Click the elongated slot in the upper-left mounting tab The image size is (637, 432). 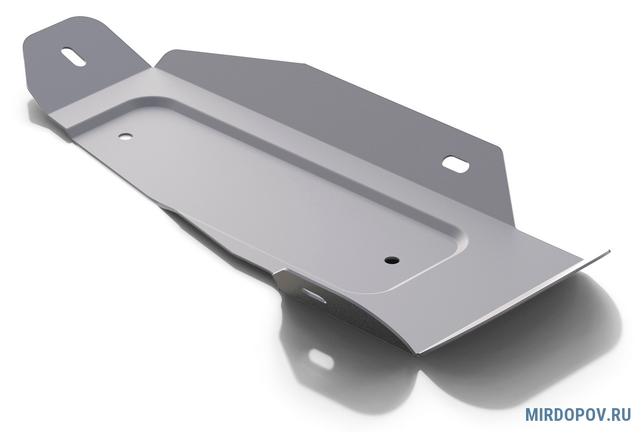coord(73,57)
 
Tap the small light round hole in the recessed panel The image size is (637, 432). coord(125,136)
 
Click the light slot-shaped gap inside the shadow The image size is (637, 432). coord(321,359)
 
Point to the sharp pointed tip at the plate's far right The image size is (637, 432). coord(610,251)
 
